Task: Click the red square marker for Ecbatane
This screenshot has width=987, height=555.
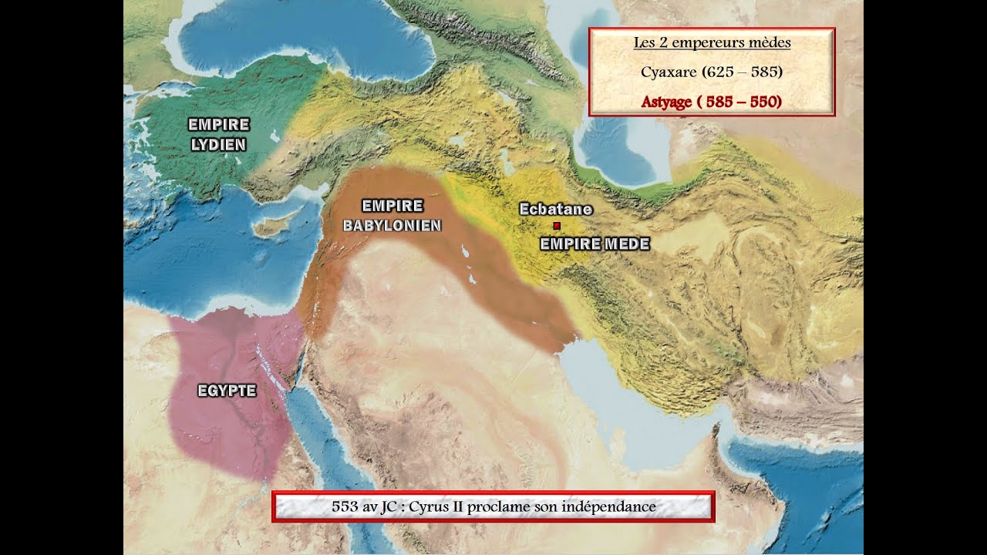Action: point(556,226)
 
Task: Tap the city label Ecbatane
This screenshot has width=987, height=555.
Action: point(555,209)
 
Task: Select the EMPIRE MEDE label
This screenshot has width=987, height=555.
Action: point(595,244)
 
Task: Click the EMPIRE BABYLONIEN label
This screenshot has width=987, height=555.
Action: point(392,216)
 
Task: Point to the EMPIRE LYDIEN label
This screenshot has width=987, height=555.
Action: point(218,134)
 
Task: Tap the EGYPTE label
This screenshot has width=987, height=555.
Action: point(227,391)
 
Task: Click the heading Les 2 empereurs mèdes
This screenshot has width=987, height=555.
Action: point(712,43)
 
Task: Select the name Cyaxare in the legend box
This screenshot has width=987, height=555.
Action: point(668,72)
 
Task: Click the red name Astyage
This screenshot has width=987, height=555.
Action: point(665,102)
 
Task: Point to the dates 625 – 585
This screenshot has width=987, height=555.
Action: point(743,72)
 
